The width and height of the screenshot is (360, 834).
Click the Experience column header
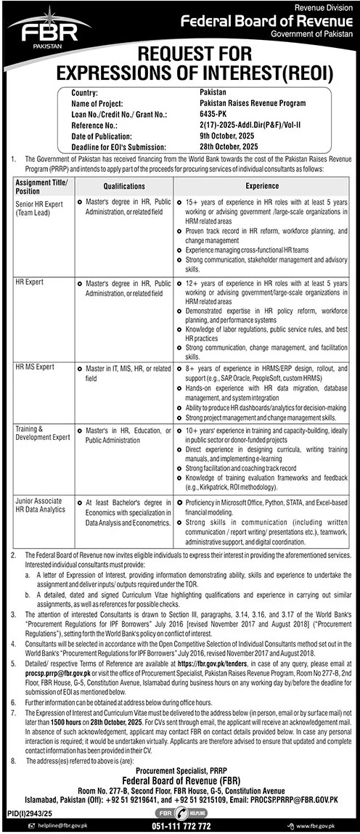click(x=261, y=185)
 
